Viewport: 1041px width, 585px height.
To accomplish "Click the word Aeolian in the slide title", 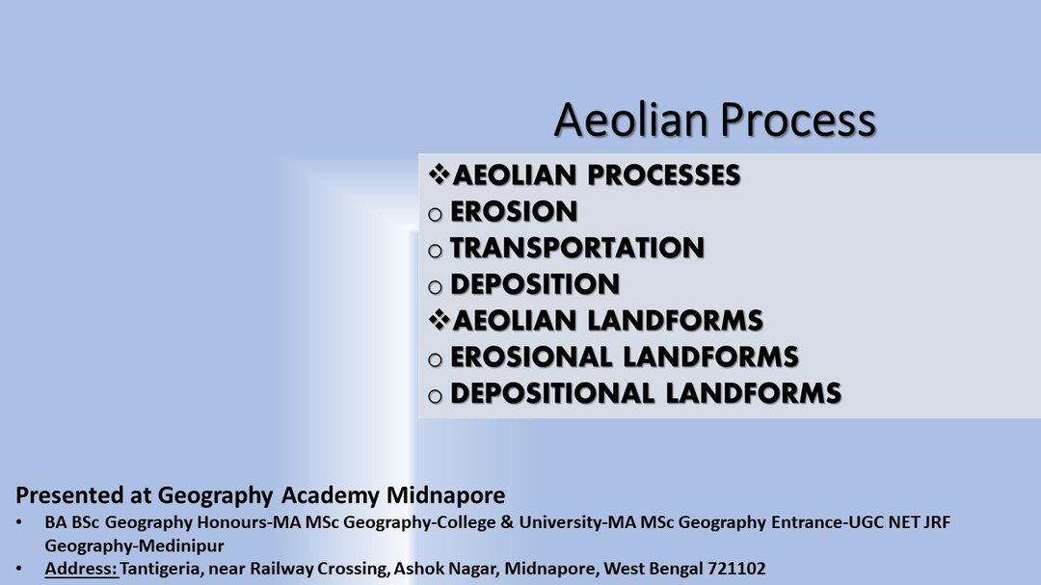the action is tap(630, 120).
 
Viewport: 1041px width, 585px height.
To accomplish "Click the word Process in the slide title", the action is tap(798, 120).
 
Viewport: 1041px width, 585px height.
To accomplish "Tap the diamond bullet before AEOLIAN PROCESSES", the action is tap(439, 174).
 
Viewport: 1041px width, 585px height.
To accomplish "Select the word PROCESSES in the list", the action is tap(664, 175).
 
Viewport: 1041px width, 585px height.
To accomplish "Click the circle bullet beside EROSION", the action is tap(435, 215).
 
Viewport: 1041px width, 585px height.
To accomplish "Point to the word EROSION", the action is tap(514, 212).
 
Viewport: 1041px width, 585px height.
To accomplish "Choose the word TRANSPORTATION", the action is tap(577, 249).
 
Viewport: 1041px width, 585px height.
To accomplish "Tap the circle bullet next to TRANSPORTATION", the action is tap(435, 251).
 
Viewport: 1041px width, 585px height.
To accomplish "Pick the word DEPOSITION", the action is tap(535, 285).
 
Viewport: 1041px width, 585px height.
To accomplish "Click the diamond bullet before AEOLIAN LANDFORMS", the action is tap(439, 320).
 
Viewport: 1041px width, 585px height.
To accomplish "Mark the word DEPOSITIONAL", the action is tap(552, 394).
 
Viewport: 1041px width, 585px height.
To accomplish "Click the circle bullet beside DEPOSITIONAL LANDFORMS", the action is tap(435, 396).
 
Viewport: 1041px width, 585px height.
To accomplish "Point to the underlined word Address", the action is tap(81, 569).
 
